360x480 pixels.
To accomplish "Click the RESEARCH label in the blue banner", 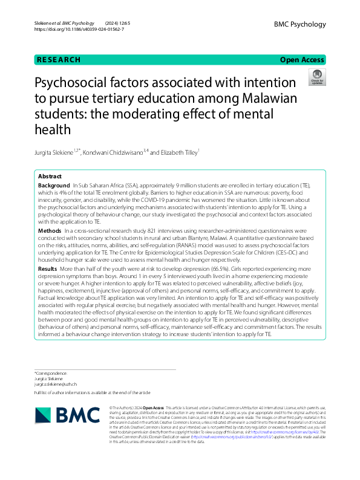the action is point(58,60).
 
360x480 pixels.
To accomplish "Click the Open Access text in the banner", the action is point(303,60).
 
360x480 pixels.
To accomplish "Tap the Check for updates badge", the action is point(316,77).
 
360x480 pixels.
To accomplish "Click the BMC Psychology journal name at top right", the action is point(300,24).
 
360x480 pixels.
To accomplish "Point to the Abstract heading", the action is point(50,176).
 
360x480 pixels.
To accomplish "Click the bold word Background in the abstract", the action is point(53,185).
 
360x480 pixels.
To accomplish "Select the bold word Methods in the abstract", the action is point(50,231).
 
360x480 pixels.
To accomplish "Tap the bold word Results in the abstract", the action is point(48,268).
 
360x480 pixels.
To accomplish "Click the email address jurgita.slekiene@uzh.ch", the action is point(56,384).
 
